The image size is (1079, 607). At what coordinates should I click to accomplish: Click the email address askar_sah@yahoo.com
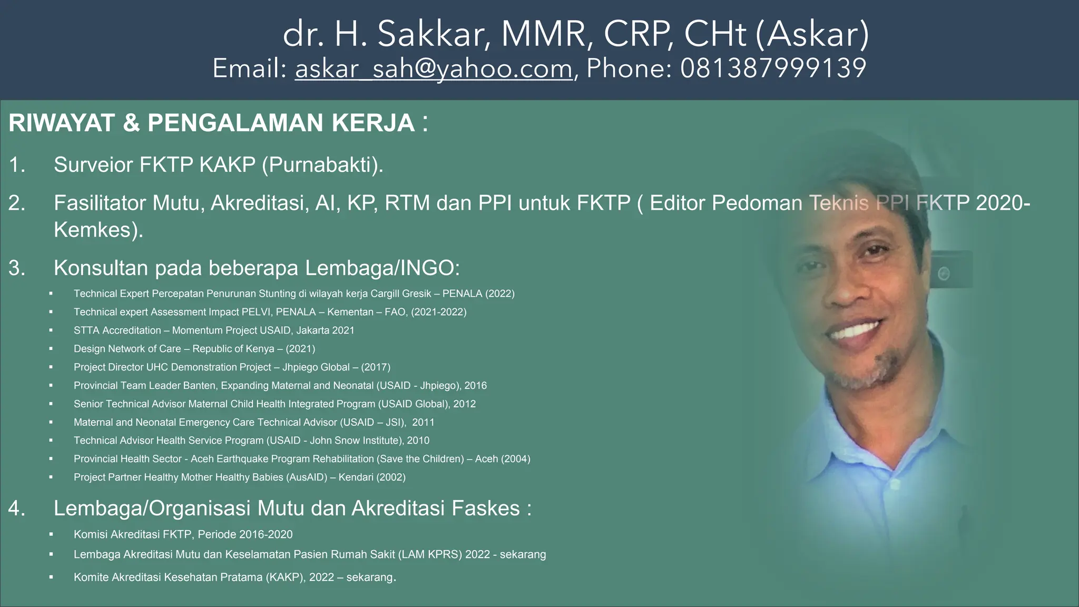click(434, 69)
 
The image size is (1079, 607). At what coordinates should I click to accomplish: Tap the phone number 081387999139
click(773, 69)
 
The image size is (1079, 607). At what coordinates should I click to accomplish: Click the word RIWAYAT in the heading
click(61, 123)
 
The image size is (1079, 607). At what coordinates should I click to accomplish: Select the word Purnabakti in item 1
click(321, 165)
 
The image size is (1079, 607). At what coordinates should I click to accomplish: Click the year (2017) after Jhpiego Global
click(376, 367)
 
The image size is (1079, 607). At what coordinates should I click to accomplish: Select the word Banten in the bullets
click(200, 386)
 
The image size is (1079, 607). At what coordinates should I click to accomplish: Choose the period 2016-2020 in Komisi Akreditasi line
click(266, 534)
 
